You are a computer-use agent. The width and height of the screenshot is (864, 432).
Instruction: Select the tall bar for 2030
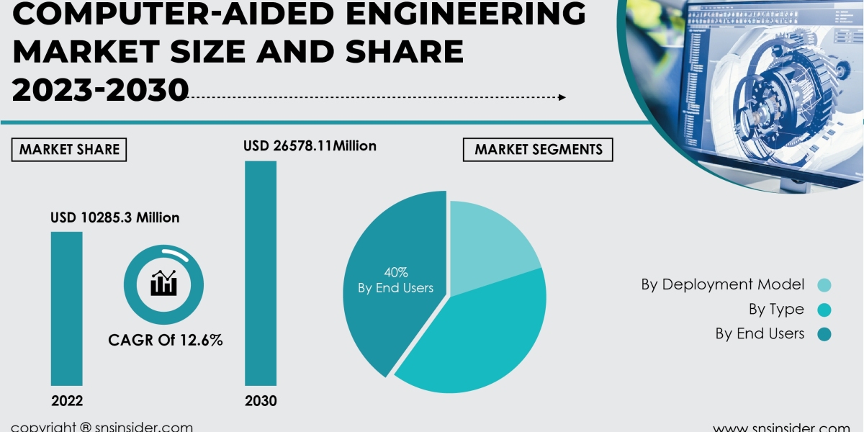click(261, 273)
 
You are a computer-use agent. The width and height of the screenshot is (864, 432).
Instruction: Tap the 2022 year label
click(66, 401)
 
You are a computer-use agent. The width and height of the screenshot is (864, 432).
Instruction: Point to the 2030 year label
click(261, 401)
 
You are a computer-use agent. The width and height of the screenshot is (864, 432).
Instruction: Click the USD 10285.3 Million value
click(114, 217)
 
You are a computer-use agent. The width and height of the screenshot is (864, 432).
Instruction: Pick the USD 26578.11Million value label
click(310, 146)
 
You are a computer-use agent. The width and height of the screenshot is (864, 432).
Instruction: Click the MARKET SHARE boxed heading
click(69, 150)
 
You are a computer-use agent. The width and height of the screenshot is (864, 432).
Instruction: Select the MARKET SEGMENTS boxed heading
click(539, 150)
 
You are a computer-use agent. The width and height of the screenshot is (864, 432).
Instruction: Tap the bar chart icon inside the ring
click(163, 283)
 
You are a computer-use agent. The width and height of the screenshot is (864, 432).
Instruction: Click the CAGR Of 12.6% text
click(165, 340)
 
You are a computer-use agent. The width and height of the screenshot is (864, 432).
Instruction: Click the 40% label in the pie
click(395, 272)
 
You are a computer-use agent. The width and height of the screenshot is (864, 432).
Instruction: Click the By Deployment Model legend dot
click(824, 285)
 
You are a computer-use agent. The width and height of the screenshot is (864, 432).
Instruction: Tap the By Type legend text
click(776, 310)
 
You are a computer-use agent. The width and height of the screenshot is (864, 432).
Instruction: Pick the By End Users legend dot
click(824, 334)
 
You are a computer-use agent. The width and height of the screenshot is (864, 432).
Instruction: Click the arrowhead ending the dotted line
click(562, 97)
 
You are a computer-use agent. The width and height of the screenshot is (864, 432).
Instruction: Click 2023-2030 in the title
click(101, 89)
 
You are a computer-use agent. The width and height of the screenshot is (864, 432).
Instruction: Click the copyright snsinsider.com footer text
click(102, 426)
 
